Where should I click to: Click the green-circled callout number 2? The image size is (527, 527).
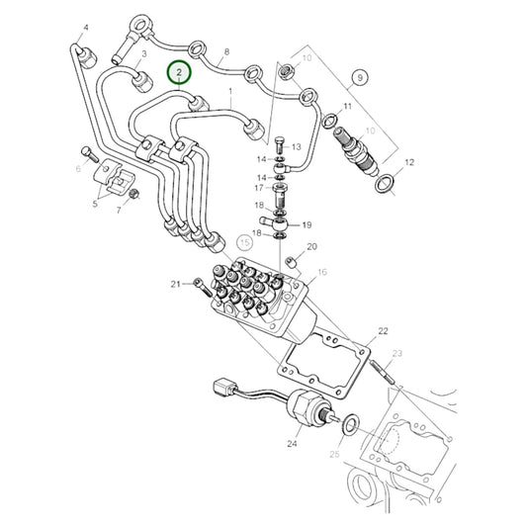tap(179, 72)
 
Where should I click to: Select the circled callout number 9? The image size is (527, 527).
tap(360, 76)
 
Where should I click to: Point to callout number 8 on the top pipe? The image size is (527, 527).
tap(226, 51)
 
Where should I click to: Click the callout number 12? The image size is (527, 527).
tap(410, 161)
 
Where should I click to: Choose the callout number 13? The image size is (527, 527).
tap(297, 146)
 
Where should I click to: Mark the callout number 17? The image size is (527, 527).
tap(258, 187)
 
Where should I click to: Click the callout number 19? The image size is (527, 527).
tap(307, 224)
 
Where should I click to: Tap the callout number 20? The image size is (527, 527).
tap(311, 246)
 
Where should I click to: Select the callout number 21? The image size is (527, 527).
tap(174, 285)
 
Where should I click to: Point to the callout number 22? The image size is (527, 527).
tap(383, 331)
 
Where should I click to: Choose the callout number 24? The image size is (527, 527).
tap(292, 445)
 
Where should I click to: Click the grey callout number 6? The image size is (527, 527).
tap(77, 170)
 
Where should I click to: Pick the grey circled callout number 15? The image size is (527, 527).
tap(245, 241)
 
